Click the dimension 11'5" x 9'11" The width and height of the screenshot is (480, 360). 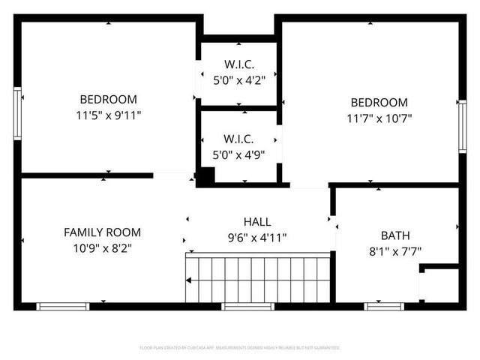(109, 115)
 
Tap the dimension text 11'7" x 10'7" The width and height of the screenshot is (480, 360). (379, 118)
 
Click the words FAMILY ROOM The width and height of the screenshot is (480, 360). (102, 232)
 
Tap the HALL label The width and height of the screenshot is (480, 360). (257, 222)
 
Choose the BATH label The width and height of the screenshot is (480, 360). (395, 235)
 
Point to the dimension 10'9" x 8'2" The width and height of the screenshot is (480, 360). (102, 247)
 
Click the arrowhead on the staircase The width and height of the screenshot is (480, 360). (190, 280)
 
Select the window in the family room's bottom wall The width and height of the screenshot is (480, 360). (64, 306)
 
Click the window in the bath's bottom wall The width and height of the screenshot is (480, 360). (384, 306)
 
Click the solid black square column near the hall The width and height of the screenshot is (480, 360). (205, 177)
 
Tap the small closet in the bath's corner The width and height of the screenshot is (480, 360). (439, 285)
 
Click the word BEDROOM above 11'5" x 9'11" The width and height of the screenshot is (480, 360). (109, 99)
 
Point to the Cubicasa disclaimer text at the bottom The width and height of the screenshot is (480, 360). (240, 348)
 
